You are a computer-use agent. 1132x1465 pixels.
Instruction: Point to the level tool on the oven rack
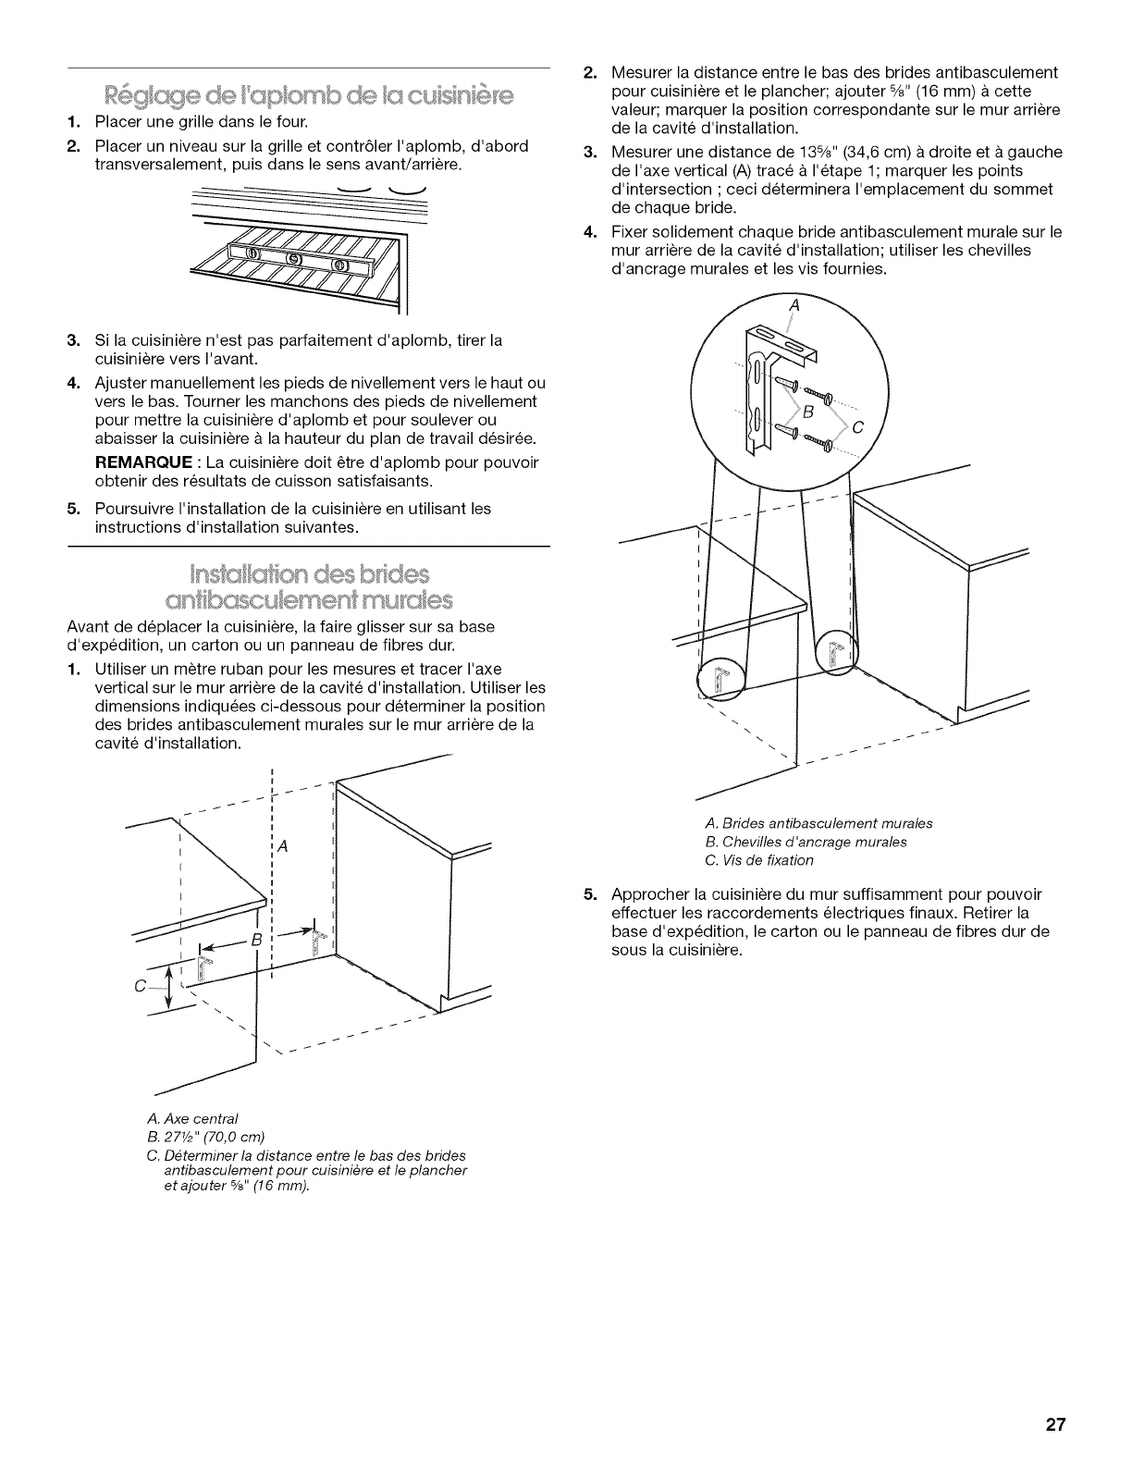290,258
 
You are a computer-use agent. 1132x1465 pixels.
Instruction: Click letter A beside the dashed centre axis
283,846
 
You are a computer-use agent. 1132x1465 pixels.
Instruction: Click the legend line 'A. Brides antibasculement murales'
818,823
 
